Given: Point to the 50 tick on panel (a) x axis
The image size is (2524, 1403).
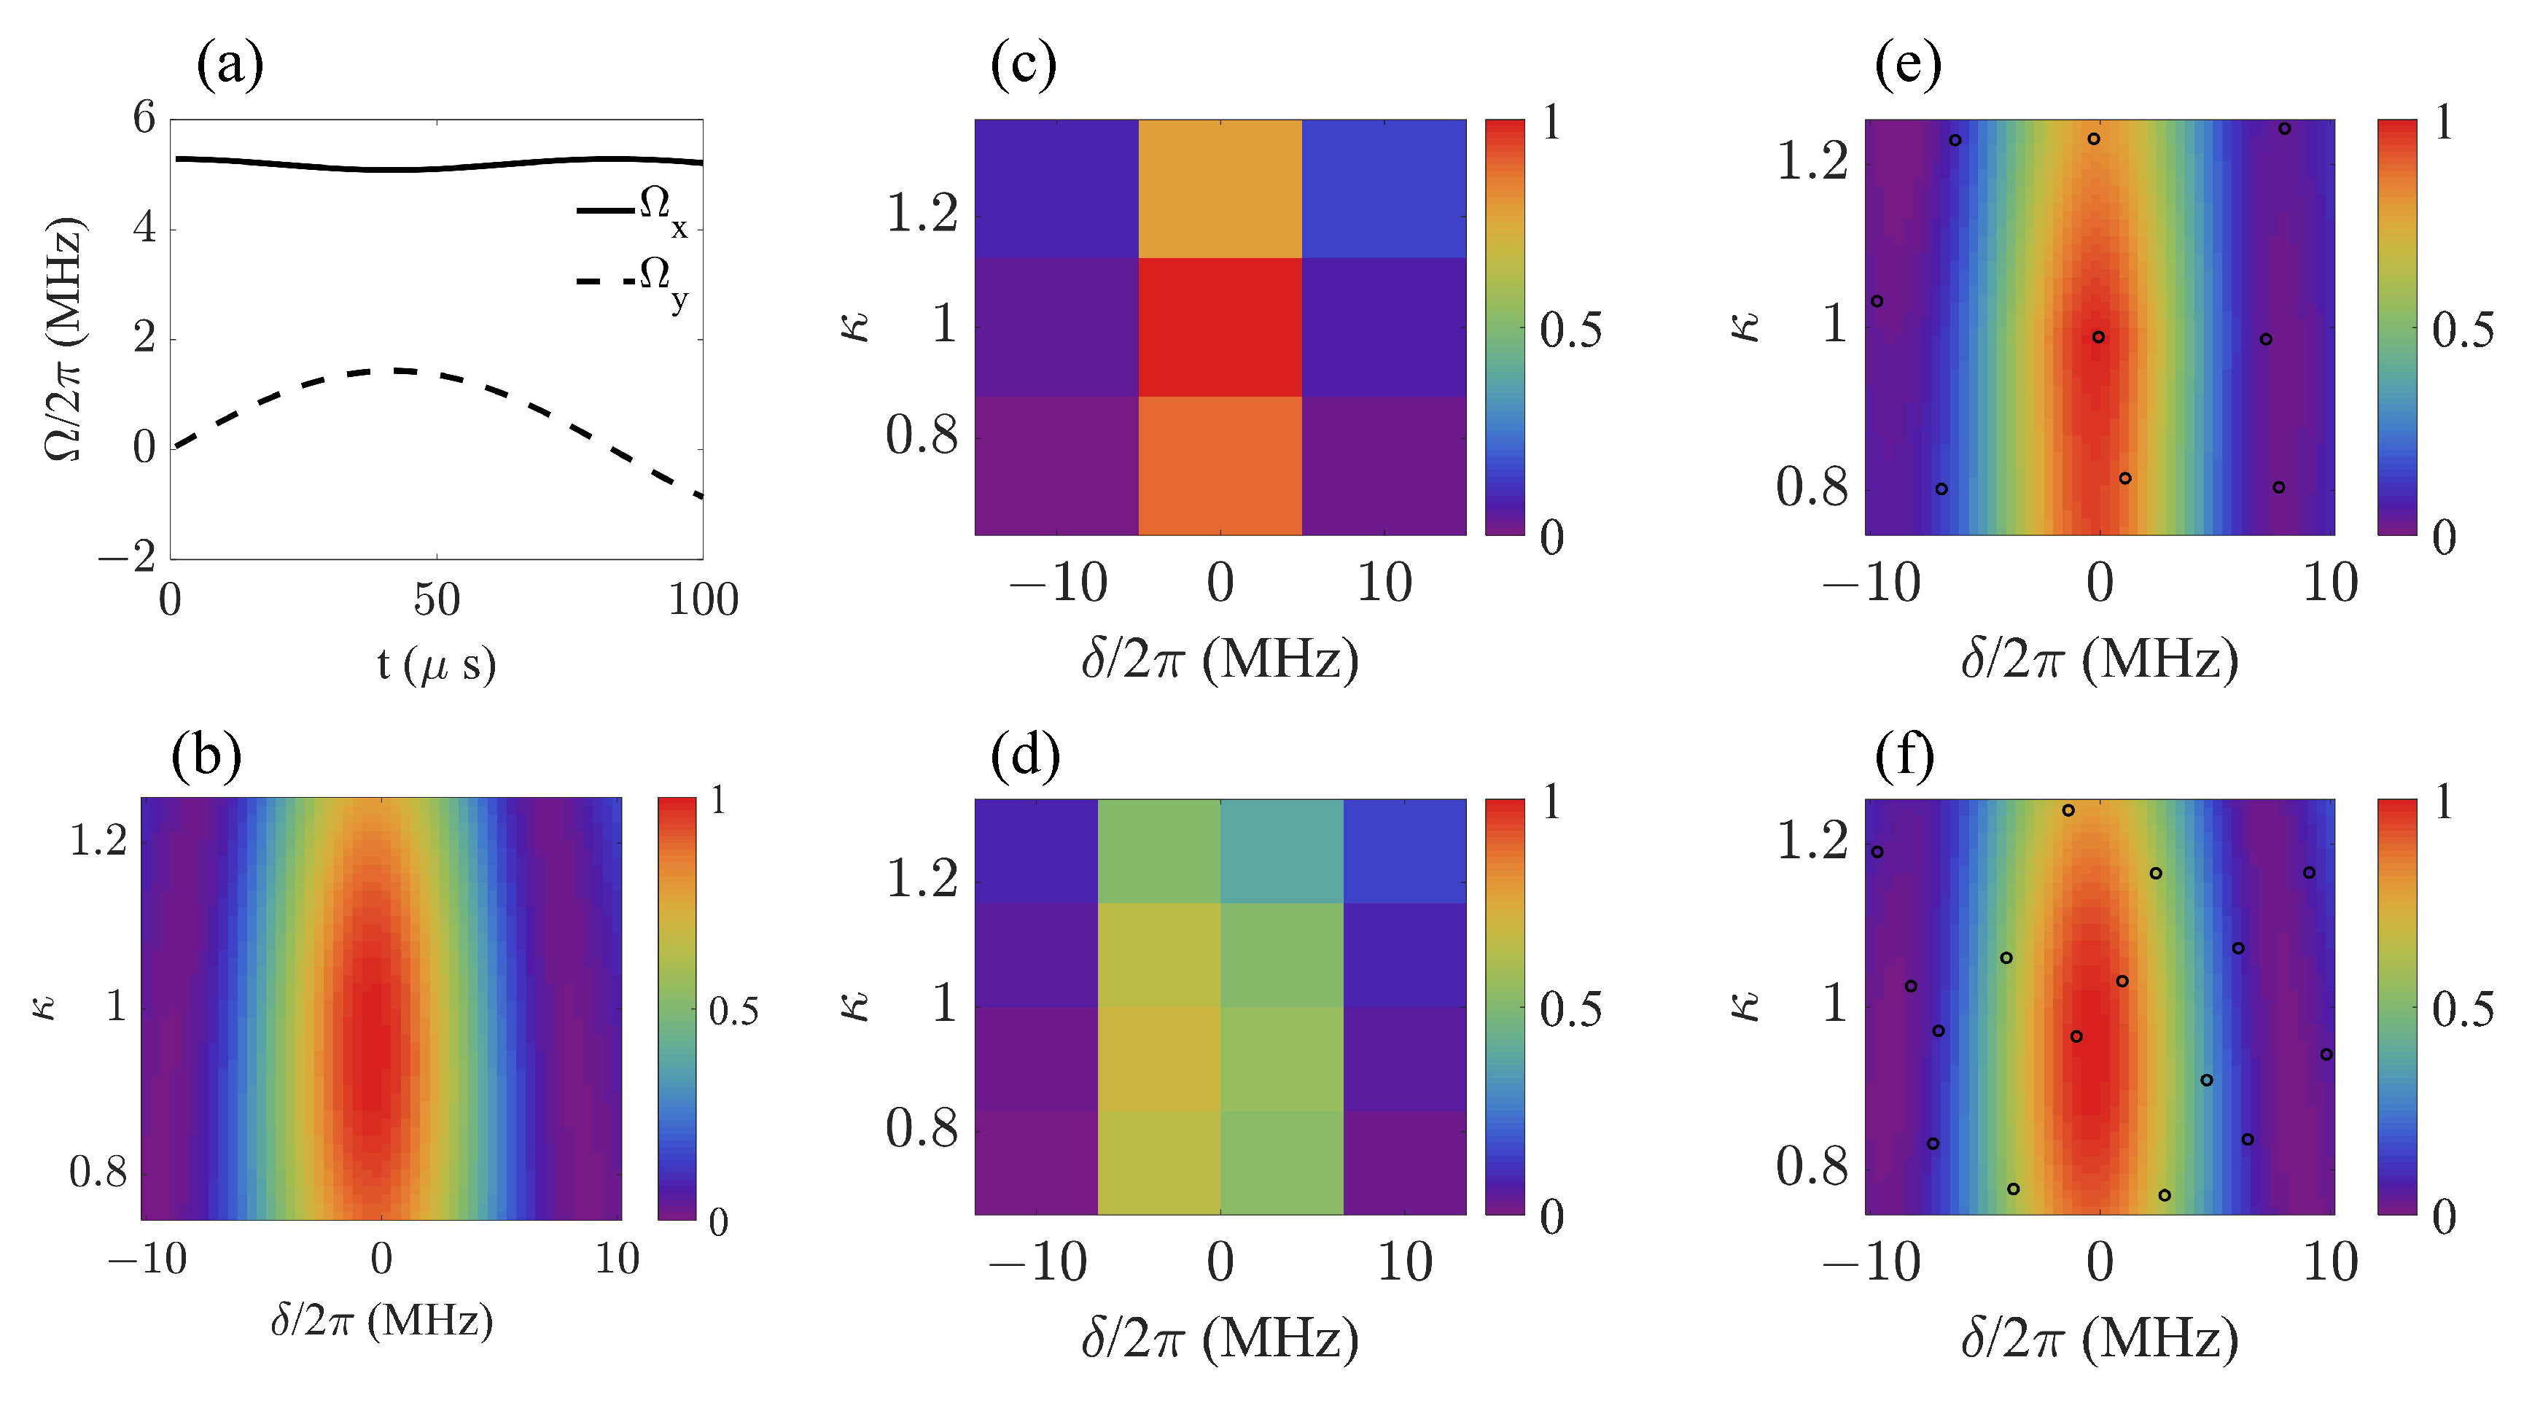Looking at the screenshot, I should [436, 599].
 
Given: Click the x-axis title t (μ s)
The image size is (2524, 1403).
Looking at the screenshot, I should [436, 664].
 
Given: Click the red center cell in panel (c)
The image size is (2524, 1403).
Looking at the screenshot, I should [1220, 327].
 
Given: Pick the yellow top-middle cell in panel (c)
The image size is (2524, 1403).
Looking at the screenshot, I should [1220, 188].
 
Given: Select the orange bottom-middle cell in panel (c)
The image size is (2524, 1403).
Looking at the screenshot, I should [1220, 465].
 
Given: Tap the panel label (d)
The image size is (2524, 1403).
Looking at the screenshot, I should [1024, 755].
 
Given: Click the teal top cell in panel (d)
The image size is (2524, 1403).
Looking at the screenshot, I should [1281, 850].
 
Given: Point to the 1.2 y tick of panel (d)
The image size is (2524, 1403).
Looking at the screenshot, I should [921, 879].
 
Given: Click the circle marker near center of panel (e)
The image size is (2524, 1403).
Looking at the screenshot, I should [2098, 337].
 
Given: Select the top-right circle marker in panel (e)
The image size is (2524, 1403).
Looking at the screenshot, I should [2284, 128].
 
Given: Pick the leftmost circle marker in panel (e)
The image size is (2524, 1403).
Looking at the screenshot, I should [1877, 300].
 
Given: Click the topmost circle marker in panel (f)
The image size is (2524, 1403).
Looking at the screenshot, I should [2068, 810].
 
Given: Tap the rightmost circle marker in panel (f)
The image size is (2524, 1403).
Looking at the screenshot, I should [2326, 1054].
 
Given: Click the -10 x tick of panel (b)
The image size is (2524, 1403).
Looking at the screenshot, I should [147, 1259].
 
